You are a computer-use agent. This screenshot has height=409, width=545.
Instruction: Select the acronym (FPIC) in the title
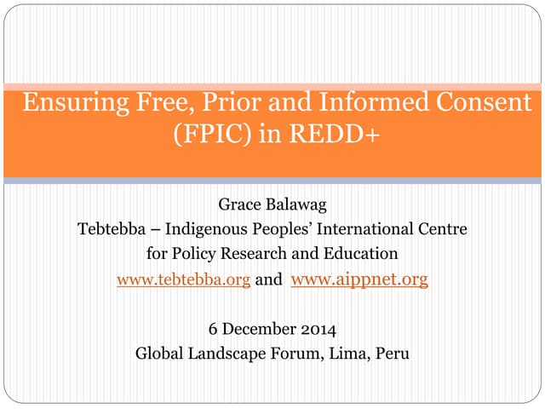pos(209,135)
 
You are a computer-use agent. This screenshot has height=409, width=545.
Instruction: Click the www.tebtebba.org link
pos(183,279)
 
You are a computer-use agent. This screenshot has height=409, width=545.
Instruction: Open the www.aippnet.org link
pos(359,279)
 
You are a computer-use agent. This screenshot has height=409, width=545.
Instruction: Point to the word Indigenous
pos(205,229)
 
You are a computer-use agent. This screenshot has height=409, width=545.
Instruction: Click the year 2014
pos(320,328)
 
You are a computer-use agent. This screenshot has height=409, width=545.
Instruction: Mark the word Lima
pos(350,353)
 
